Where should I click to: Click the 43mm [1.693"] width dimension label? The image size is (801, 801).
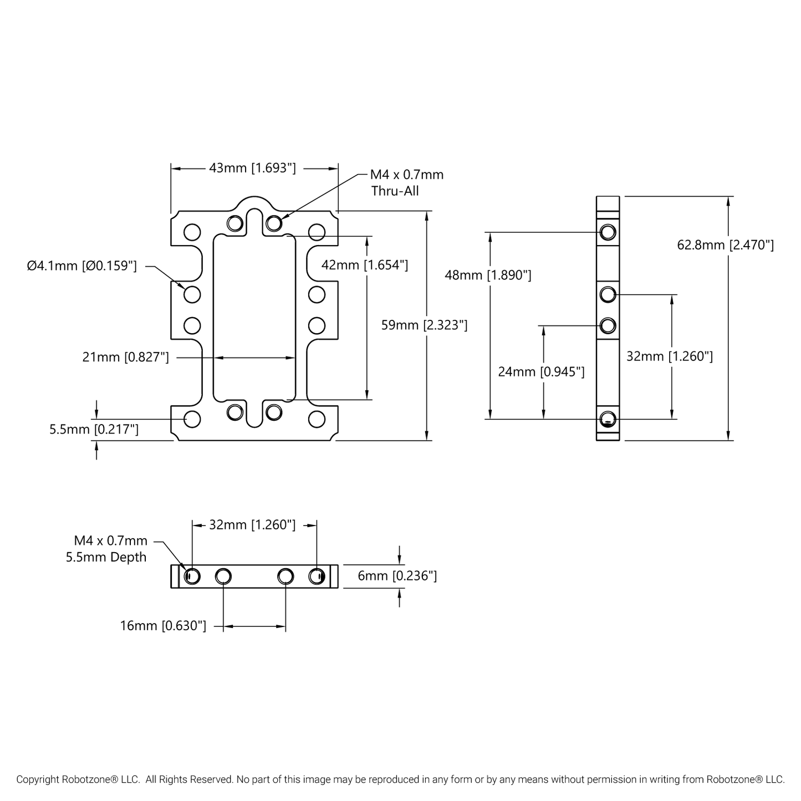coord(252,167)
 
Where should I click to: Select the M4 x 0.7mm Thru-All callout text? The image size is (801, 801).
coord(406,183)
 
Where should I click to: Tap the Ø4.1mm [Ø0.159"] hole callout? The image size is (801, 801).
coord(81,266)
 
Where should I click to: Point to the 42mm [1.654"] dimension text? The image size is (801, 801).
coord(365,265)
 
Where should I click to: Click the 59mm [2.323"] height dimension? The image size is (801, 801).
coord(424,325)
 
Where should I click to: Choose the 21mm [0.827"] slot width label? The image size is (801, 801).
coord(125,358)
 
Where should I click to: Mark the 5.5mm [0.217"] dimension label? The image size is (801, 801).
coord(94,430)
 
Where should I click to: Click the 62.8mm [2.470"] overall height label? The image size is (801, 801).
coord(725,245)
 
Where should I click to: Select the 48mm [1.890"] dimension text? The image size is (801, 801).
coord(488,275)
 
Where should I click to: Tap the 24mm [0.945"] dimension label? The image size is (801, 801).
coord(541,372)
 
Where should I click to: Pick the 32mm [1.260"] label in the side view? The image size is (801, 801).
coord(669,356)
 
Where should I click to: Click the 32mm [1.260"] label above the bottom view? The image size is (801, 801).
coord(252,524)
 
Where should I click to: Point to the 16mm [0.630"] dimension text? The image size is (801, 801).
coord(163,626)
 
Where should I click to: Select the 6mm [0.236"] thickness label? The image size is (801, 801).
coord(397,576)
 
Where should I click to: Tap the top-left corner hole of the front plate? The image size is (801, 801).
coord(192,231)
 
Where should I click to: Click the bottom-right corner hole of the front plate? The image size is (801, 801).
coord(317,419)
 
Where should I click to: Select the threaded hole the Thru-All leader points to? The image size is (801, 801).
coord(274,223)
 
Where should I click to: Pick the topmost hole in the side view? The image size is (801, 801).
coord(608,232)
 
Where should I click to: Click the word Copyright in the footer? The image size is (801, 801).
coord(38,779)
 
